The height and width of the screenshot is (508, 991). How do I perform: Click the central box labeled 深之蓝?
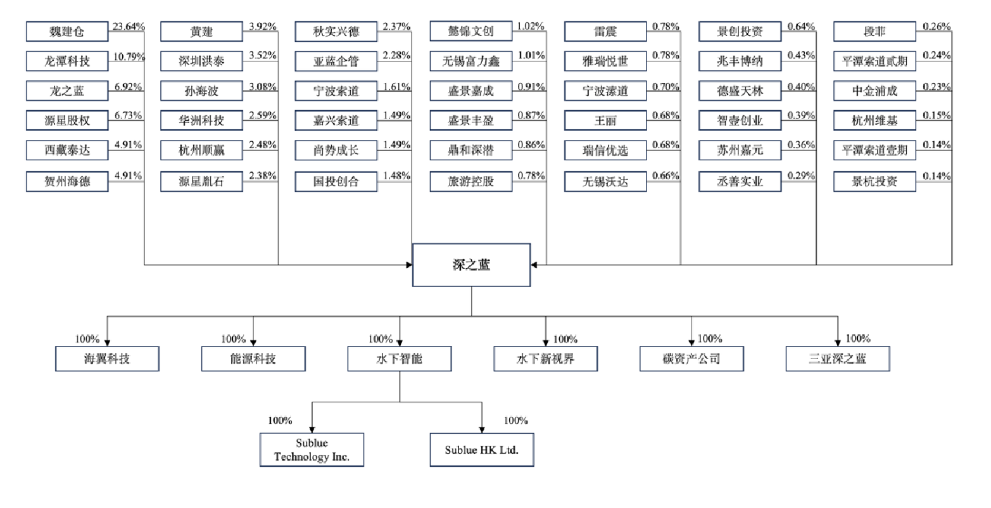pos(471,265)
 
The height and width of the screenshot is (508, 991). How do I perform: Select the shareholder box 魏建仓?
pos(67,31)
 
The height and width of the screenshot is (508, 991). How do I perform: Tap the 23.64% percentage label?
pos(129,27)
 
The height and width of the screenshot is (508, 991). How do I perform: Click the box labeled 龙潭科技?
pos(67,61)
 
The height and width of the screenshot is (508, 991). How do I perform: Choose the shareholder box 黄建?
pos(201,31)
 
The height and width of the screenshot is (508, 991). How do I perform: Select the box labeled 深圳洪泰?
pos(201,61)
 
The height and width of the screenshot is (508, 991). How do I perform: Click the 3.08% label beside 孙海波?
pos(263,87)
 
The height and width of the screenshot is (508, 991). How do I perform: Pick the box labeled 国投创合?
pos(336,181)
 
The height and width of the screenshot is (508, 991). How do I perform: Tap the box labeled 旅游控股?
pos(470,181)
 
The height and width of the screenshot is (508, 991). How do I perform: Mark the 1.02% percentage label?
pos(531,27)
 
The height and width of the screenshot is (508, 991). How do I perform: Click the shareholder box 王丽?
pos(605,120)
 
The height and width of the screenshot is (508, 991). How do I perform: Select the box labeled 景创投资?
pos(740,31)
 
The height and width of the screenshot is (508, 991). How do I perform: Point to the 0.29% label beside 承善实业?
pos(801,176)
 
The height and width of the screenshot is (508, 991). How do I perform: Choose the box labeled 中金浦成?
pos(874,91)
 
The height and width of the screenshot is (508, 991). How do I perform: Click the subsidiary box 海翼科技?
pos(107,359)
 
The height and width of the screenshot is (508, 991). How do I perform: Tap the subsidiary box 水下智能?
pos(399,359)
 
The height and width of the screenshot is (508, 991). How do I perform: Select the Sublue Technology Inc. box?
pos(312,450)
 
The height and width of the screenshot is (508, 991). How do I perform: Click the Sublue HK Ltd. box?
pos(481,450)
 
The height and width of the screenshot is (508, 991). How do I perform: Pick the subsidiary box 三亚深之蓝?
pos(837,359)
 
